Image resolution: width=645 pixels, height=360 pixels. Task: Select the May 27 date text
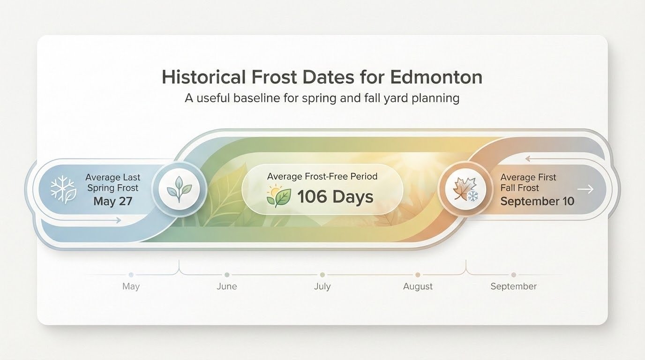click(112, 202)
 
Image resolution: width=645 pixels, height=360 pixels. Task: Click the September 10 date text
click(537, 202)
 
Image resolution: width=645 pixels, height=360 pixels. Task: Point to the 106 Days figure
click(335, 197)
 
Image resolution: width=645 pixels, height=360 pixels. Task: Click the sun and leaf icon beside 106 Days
click(278, 196)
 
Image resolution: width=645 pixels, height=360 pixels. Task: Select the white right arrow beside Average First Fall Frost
click(586, 189)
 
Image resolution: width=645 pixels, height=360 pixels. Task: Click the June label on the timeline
click(227, 286)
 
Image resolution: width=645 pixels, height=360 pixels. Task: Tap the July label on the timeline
click(322, 286)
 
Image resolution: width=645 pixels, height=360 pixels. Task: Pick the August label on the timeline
click(418, 286)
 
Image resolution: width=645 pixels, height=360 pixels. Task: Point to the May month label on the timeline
click(131, 286)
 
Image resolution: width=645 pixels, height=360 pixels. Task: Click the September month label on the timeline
click(513, 286)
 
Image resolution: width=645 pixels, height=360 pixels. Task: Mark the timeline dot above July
click(322, 275)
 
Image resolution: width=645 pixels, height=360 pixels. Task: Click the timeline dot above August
click(418, 275)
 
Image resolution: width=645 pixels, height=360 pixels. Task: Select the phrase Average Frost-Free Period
click(322, 177)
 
